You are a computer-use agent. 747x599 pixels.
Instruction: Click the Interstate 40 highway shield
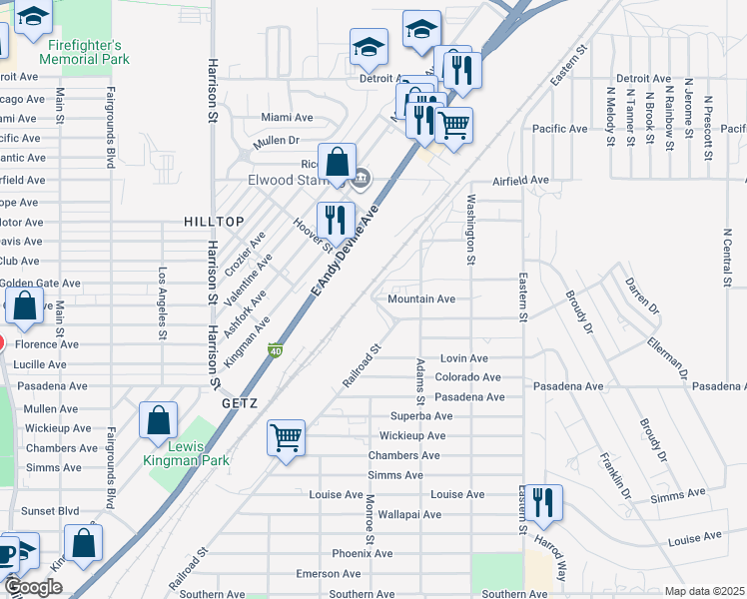coord(274,349)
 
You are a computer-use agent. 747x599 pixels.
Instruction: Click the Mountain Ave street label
coord(421,299)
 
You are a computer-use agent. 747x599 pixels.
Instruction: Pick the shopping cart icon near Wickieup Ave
coord(286,436)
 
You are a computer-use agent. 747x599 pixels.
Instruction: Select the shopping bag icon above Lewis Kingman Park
coord(158,420)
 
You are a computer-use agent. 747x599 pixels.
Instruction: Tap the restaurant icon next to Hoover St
coord(336,220)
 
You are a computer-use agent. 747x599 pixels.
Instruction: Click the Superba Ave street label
coord(421,416)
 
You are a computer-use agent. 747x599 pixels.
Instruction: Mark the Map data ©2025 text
coord(705,591)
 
